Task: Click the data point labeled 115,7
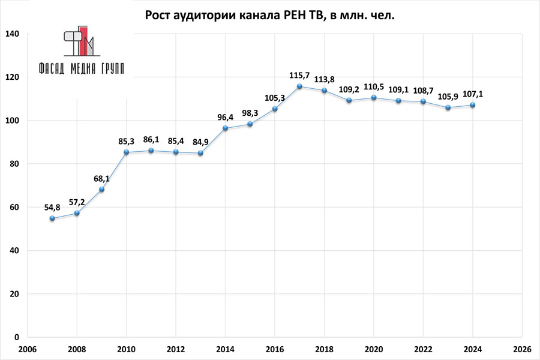299,86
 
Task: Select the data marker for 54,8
52,218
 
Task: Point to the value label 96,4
225,117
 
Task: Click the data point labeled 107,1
473,105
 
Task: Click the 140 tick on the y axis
13,34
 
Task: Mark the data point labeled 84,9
200,153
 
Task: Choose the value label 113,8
324,79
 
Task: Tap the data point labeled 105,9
448,107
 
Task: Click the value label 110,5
374,86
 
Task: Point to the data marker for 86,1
151,151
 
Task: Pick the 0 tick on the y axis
17,337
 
